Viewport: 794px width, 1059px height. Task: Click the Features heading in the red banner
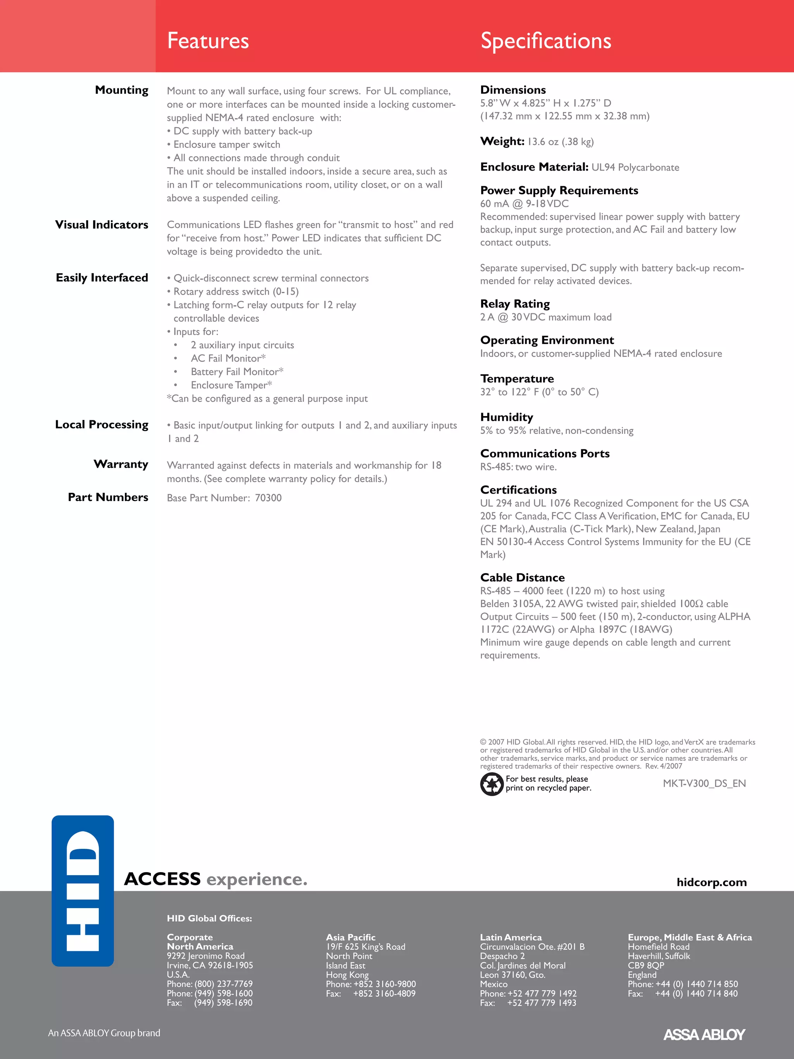pos(208,41)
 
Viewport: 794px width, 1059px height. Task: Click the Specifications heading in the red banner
pos(545,41)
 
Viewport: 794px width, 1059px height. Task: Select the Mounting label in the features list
pos(122,90)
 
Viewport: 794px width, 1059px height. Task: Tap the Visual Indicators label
pos(102,225)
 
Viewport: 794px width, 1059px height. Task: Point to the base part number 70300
pos(268,498)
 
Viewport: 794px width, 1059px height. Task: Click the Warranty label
pos(121,464)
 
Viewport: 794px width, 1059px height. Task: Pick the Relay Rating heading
pos(515,304)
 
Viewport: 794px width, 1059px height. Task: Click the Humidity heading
pos(506,417)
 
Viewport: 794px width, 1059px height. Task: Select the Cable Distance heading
pos(522,577)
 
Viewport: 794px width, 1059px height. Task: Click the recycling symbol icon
pos(492,784)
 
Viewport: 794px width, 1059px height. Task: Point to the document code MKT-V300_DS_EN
pos(704,783)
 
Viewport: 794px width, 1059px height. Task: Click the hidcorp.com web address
pos(711,882)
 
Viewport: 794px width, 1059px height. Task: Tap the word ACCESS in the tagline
pos(162,879)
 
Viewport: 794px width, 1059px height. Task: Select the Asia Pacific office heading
pos(350,937)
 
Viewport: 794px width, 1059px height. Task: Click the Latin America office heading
pos(511,937)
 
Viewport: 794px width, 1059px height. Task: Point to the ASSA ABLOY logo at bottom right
pos(704,1035)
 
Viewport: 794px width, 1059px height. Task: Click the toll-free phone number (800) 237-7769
pos(224,984)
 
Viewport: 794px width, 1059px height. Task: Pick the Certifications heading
pos(518,490)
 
